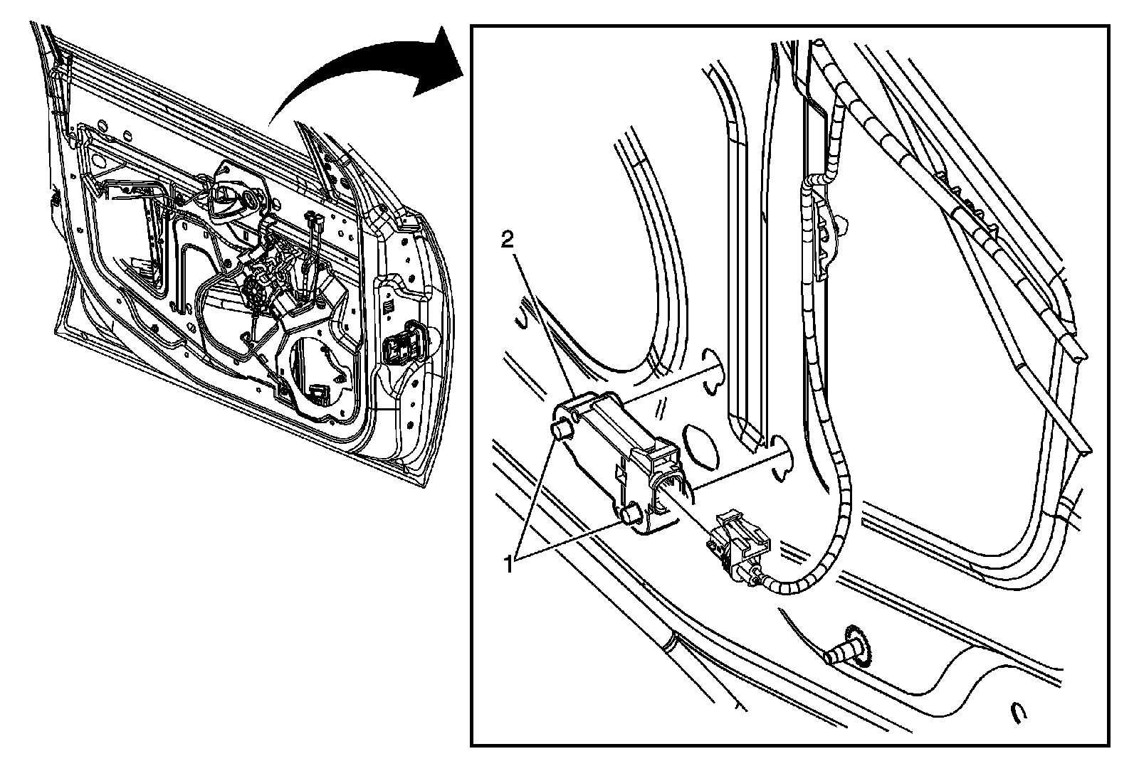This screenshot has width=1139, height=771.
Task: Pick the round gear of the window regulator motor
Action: point(256,292)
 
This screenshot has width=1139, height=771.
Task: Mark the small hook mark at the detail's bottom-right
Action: point(1019,711)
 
